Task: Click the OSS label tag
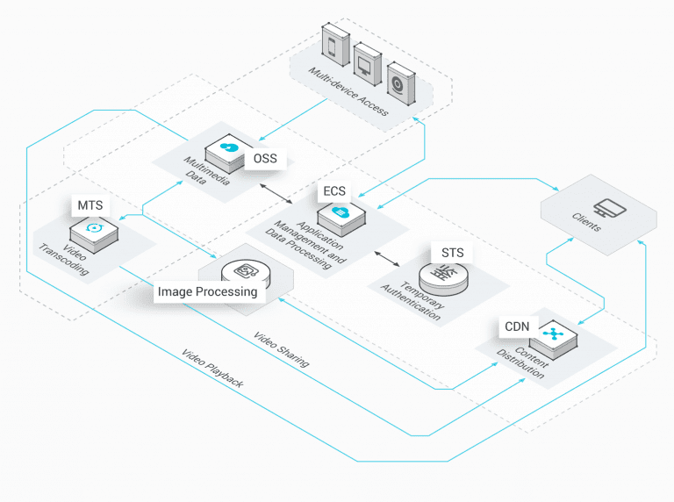(x=266, y=158)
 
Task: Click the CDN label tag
(x=516, y=326)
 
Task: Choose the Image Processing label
(x=207, y=291)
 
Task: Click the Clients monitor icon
(x=605, y=208)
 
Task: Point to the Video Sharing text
(x=281, y=349)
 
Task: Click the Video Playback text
(x=212, y=369)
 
